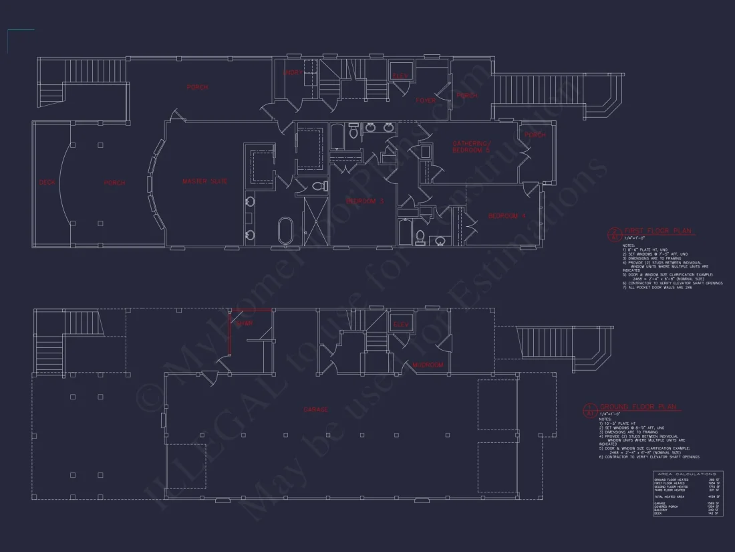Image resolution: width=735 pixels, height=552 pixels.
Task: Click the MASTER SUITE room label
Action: click(205, 181)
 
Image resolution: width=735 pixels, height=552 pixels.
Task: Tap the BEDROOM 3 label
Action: click(365, 201)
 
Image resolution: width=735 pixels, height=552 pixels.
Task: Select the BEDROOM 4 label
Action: click(508, 216)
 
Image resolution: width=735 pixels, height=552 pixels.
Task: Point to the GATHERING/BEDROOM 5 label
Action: click(471, 147)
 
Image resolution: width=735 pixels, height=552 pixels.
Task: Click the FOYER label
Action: click(426, 101)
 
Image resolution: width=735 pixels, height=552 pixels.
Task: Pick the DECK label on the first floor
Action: click(47, 182)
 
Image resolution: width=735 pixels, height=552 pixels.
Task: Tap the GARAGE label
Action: click(315, 409)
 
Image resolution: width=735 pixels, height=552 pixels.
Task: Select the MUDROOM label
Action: click(428, 365)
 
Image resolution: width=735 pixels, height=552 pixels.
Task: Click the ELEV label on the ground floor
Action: click(401, 325)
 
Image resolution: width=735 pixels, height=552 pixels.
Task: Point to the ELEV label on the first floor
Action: click(400, 76)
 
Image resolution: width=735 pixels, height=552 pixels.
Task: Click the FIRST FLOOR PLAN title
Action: click(658, 231)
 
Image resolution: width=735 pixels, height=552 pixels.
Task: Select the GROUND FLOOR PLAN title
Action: click(638, 407)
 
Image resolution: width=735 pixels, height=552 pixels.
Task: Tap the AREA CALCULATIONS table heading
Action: click(688, 474)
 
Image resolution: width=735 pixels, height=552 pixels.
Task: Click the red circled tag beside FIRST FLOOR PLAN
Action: click(613, 234)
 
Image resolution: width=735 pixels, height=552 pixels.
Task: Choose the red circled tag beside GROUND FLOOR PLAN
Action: click(590, 409)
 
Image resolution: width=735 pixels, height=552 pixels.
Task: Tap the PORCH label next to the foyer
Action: click(466, 96)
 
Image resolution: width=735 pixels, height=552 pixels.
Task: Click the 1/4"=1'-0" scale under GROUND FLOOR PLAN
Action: click(610, 413)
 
